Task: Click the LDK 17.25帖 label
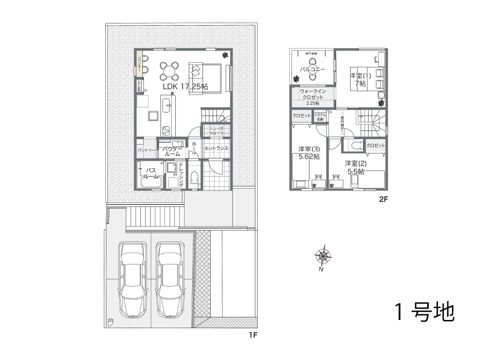tap(185, 87)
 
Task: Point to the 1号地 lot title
tap(425, 312)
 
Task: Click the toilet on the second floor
tap(355, 145)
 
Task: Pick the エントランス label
tap(216, 148)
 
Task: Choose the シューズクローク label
tap(216, 131)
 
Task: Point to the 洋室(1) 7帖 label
tap(360, 80)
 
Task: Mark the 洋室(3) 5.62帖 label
tap(309, 153)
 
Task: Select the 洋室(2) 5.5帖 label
tap(355, 167)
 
